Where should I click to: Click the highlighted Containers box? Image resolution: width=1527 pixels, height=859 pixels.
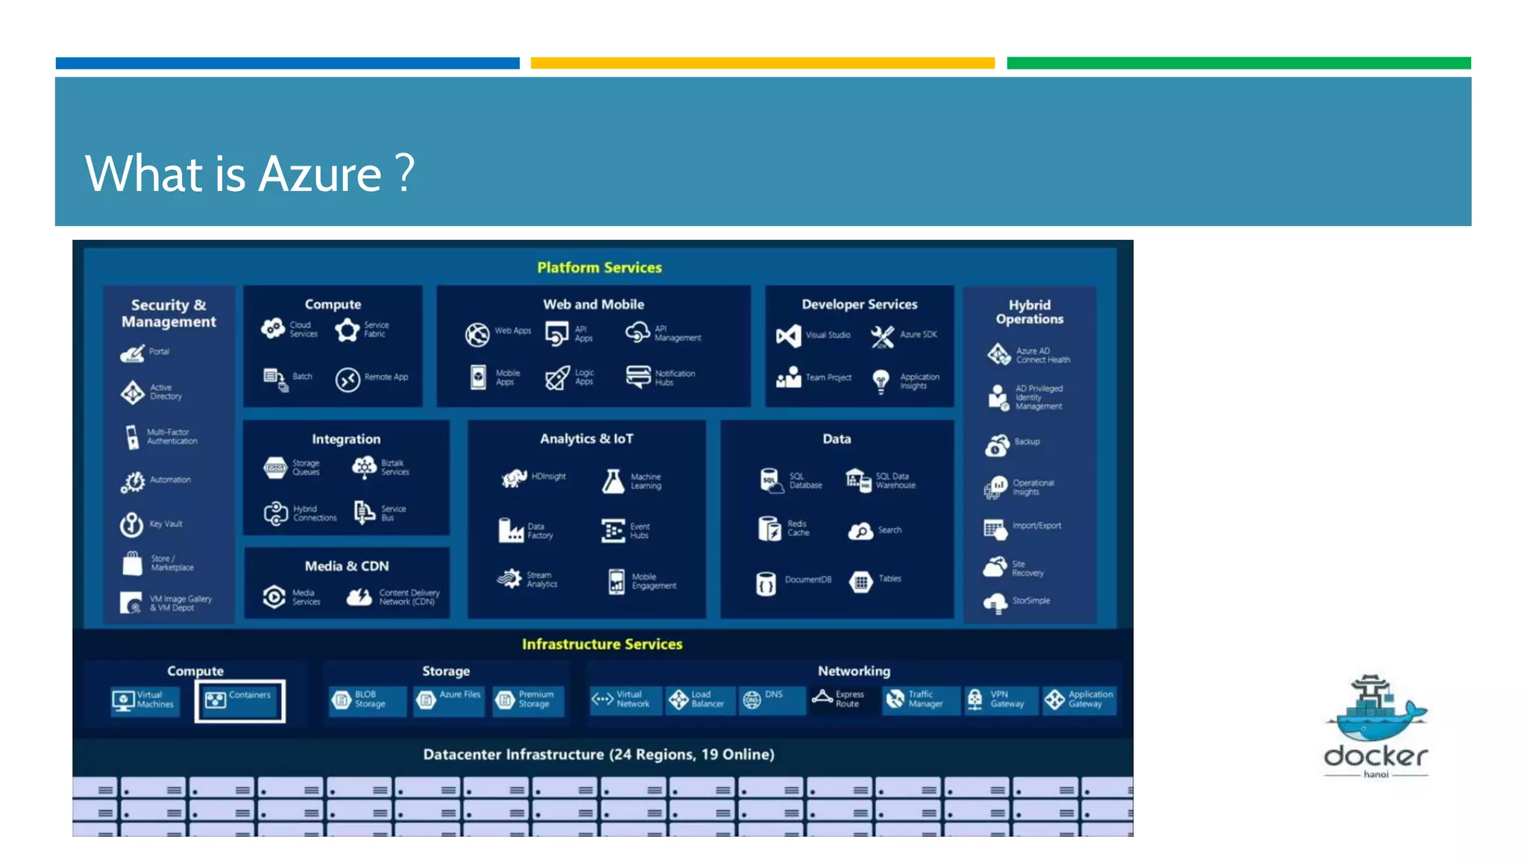coord(239,700)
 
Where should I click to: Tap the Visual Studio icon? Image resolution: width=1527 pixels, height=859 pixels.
coord(788,336)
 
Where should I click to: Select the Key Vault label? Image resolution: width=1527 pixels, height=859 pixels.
coord(166,524)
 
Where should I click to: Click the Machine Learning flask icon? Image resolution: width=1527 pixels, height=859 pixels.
coord(613,481)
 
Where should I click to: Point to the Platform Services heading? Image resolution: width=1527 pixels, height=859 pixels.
coord(599,268)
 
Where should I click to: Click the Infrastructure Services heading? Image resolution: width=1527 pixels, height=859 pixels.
coord(602,644)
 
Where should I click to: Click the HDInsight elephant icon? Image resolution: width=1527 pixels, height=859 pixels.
coord(514,478)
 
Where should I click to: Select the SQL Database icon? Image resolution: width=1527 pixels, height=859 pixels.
coord(769,480)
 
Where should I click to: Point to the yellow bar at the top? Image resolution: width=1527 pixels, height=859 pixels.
coord(762,63)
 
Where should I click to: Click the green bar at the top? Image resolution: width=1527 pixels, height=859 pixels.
coord(1238,63)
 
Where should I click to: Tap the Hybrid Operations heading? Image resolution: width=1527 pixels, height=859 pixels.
coord(1029,312)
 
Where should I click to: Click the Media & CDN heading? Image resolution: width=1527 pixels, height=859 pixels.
coord(347,566)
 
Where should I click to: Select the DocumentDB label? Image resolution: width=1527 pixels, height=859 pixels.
coord(807,579)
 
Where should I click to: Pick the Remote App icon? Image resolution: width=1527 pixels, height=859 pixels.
coord(347,380)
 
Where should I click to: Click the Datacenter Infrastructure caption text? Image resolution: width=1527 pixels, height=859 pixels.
coord(598,755)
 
